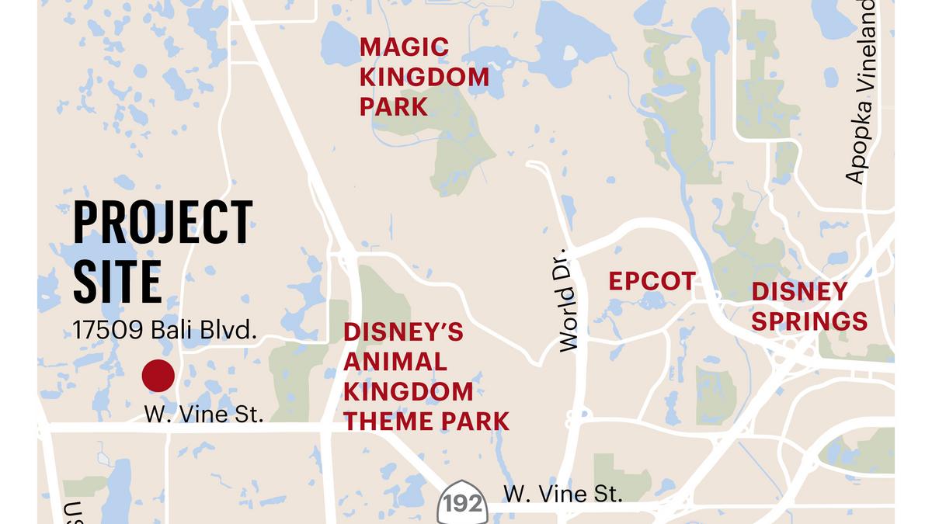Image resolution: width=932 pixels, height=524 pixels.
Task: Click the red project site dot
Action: pos(158,377)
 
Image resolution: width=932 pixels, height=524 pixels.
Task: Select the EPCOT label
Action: pos(652,281)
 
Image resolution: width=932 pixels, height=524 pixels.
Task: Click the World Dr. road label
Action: pos(569,300)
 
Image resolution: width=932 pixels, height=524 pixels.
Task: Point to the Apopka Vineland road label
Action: pos(864,93)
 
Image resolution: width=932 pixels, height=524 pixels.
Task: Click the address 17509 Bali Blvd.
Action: pos(164,331)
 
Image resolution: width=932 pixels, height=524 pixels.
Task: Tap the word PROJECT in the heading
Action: pos(163,223)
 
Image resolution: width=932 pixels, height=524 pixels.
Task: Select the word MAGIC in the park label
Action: pos(404,47)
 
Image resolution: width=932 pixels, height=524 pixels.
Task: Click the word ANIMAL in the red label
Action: pos(395,362)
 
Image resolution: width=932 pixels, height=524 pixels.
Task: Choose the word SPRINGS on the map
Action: pos(809,321)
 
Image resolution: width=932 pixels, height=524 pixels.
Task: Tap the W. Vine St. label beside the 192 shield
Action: pos(563,494)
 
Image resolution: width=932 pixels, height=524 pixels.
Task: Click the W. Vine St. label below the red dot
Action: pos(204,415)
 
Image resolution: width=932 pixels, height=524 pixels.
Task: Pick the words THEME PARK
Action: pos(426,422)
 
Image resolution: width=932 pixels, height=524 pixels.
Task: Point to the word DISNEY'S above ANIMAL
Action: pos(403,332)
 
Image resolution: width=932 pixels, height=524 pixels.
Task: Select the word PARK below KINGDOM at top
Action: pos(394,106)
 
